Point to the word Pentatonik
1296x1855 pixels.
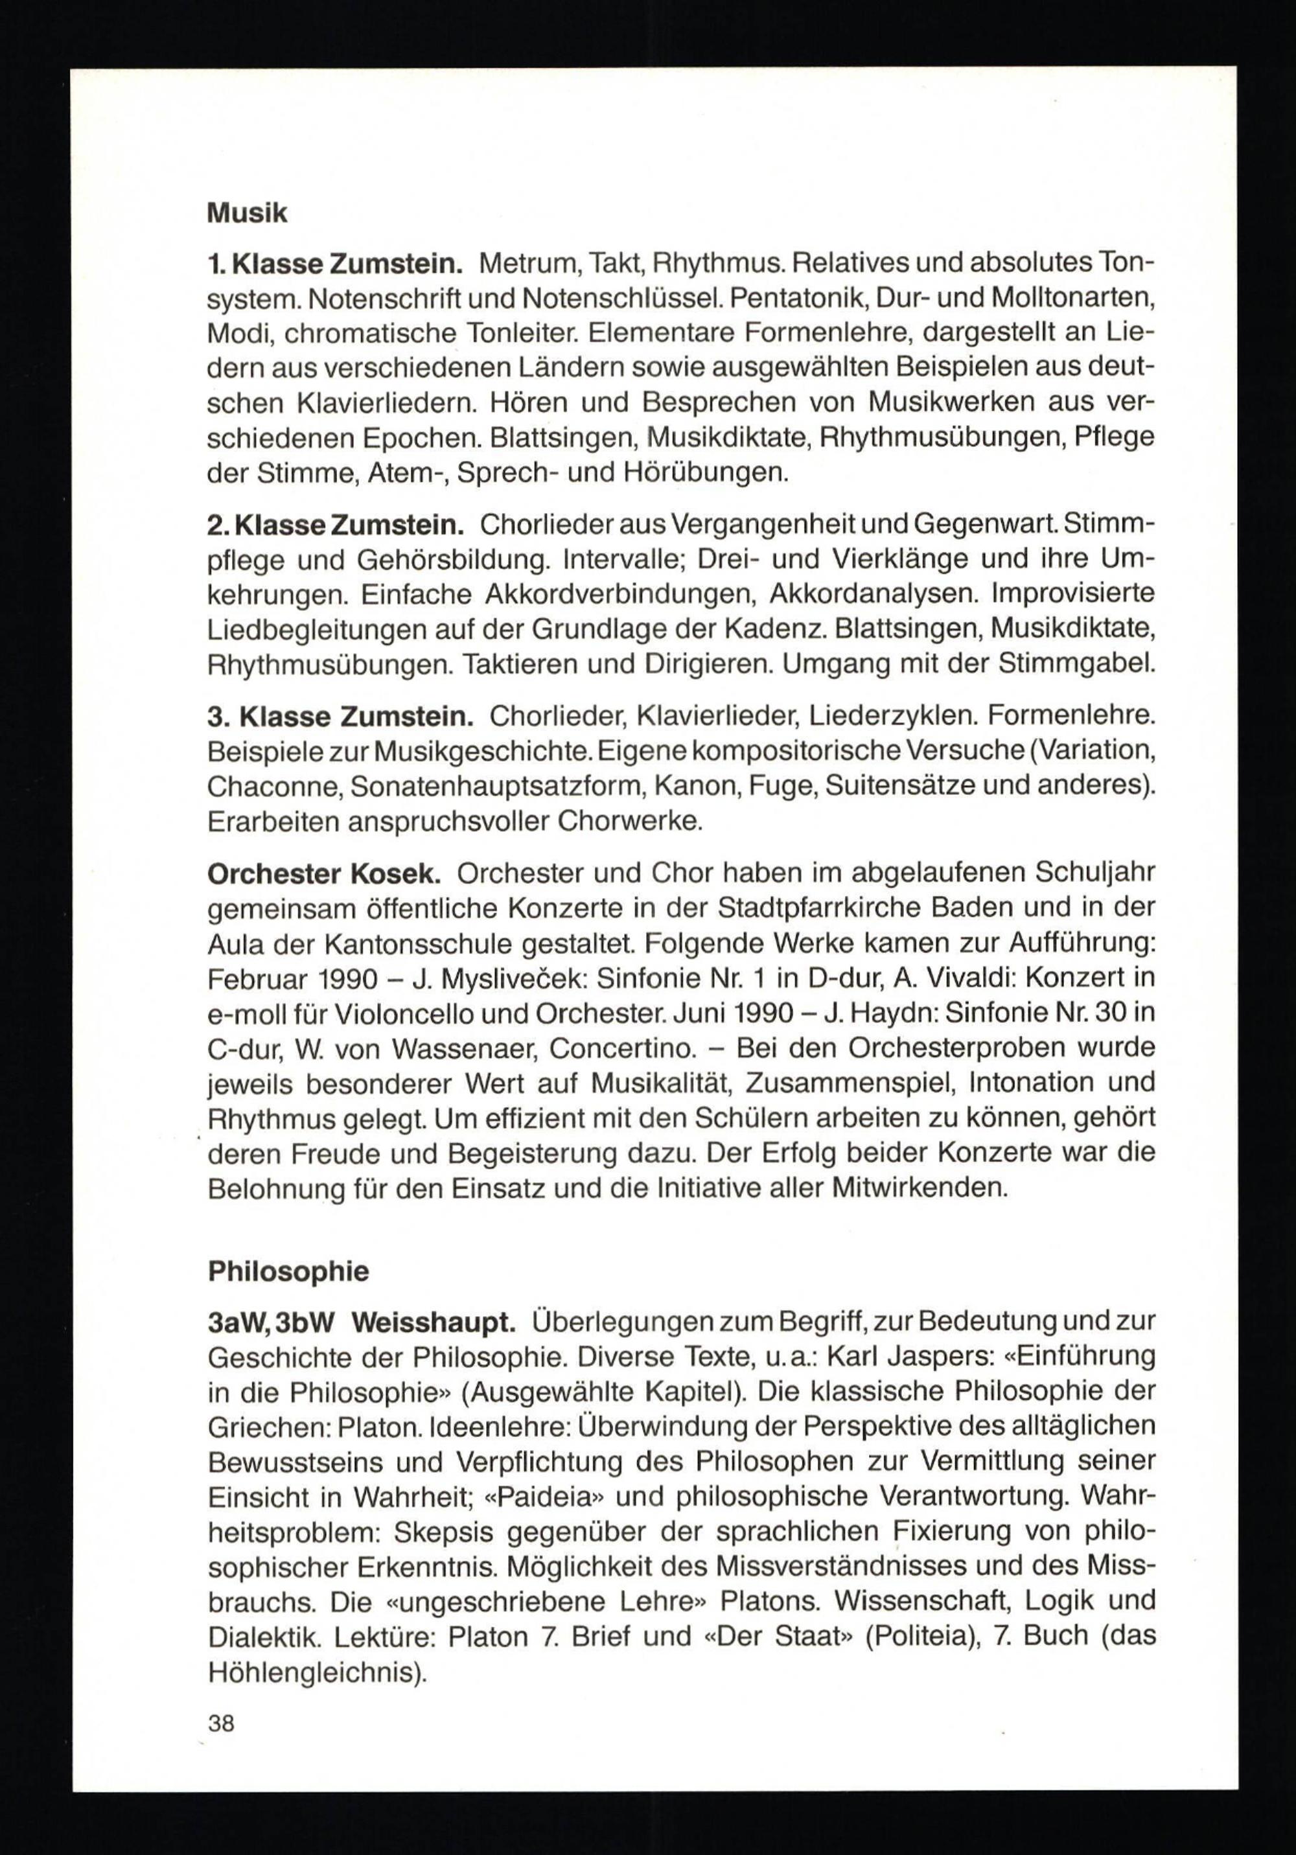(799, 298)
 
